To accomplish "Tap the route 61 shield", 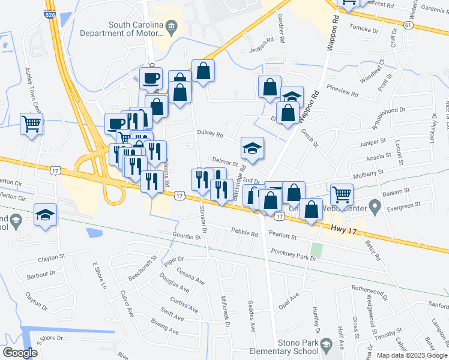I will pos(409,26).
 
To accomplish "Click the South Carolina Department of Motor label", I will pos(136,29).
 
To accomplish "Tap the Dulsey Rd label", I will pos(209,134).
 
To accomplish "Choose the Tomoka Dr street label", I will pos(364,29).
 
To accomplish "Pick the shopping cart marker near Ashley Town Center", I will pos(31,124).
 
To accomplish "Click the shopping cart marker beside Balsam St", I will pos(342,194).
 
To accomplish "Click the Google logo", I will pos(20,352).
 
